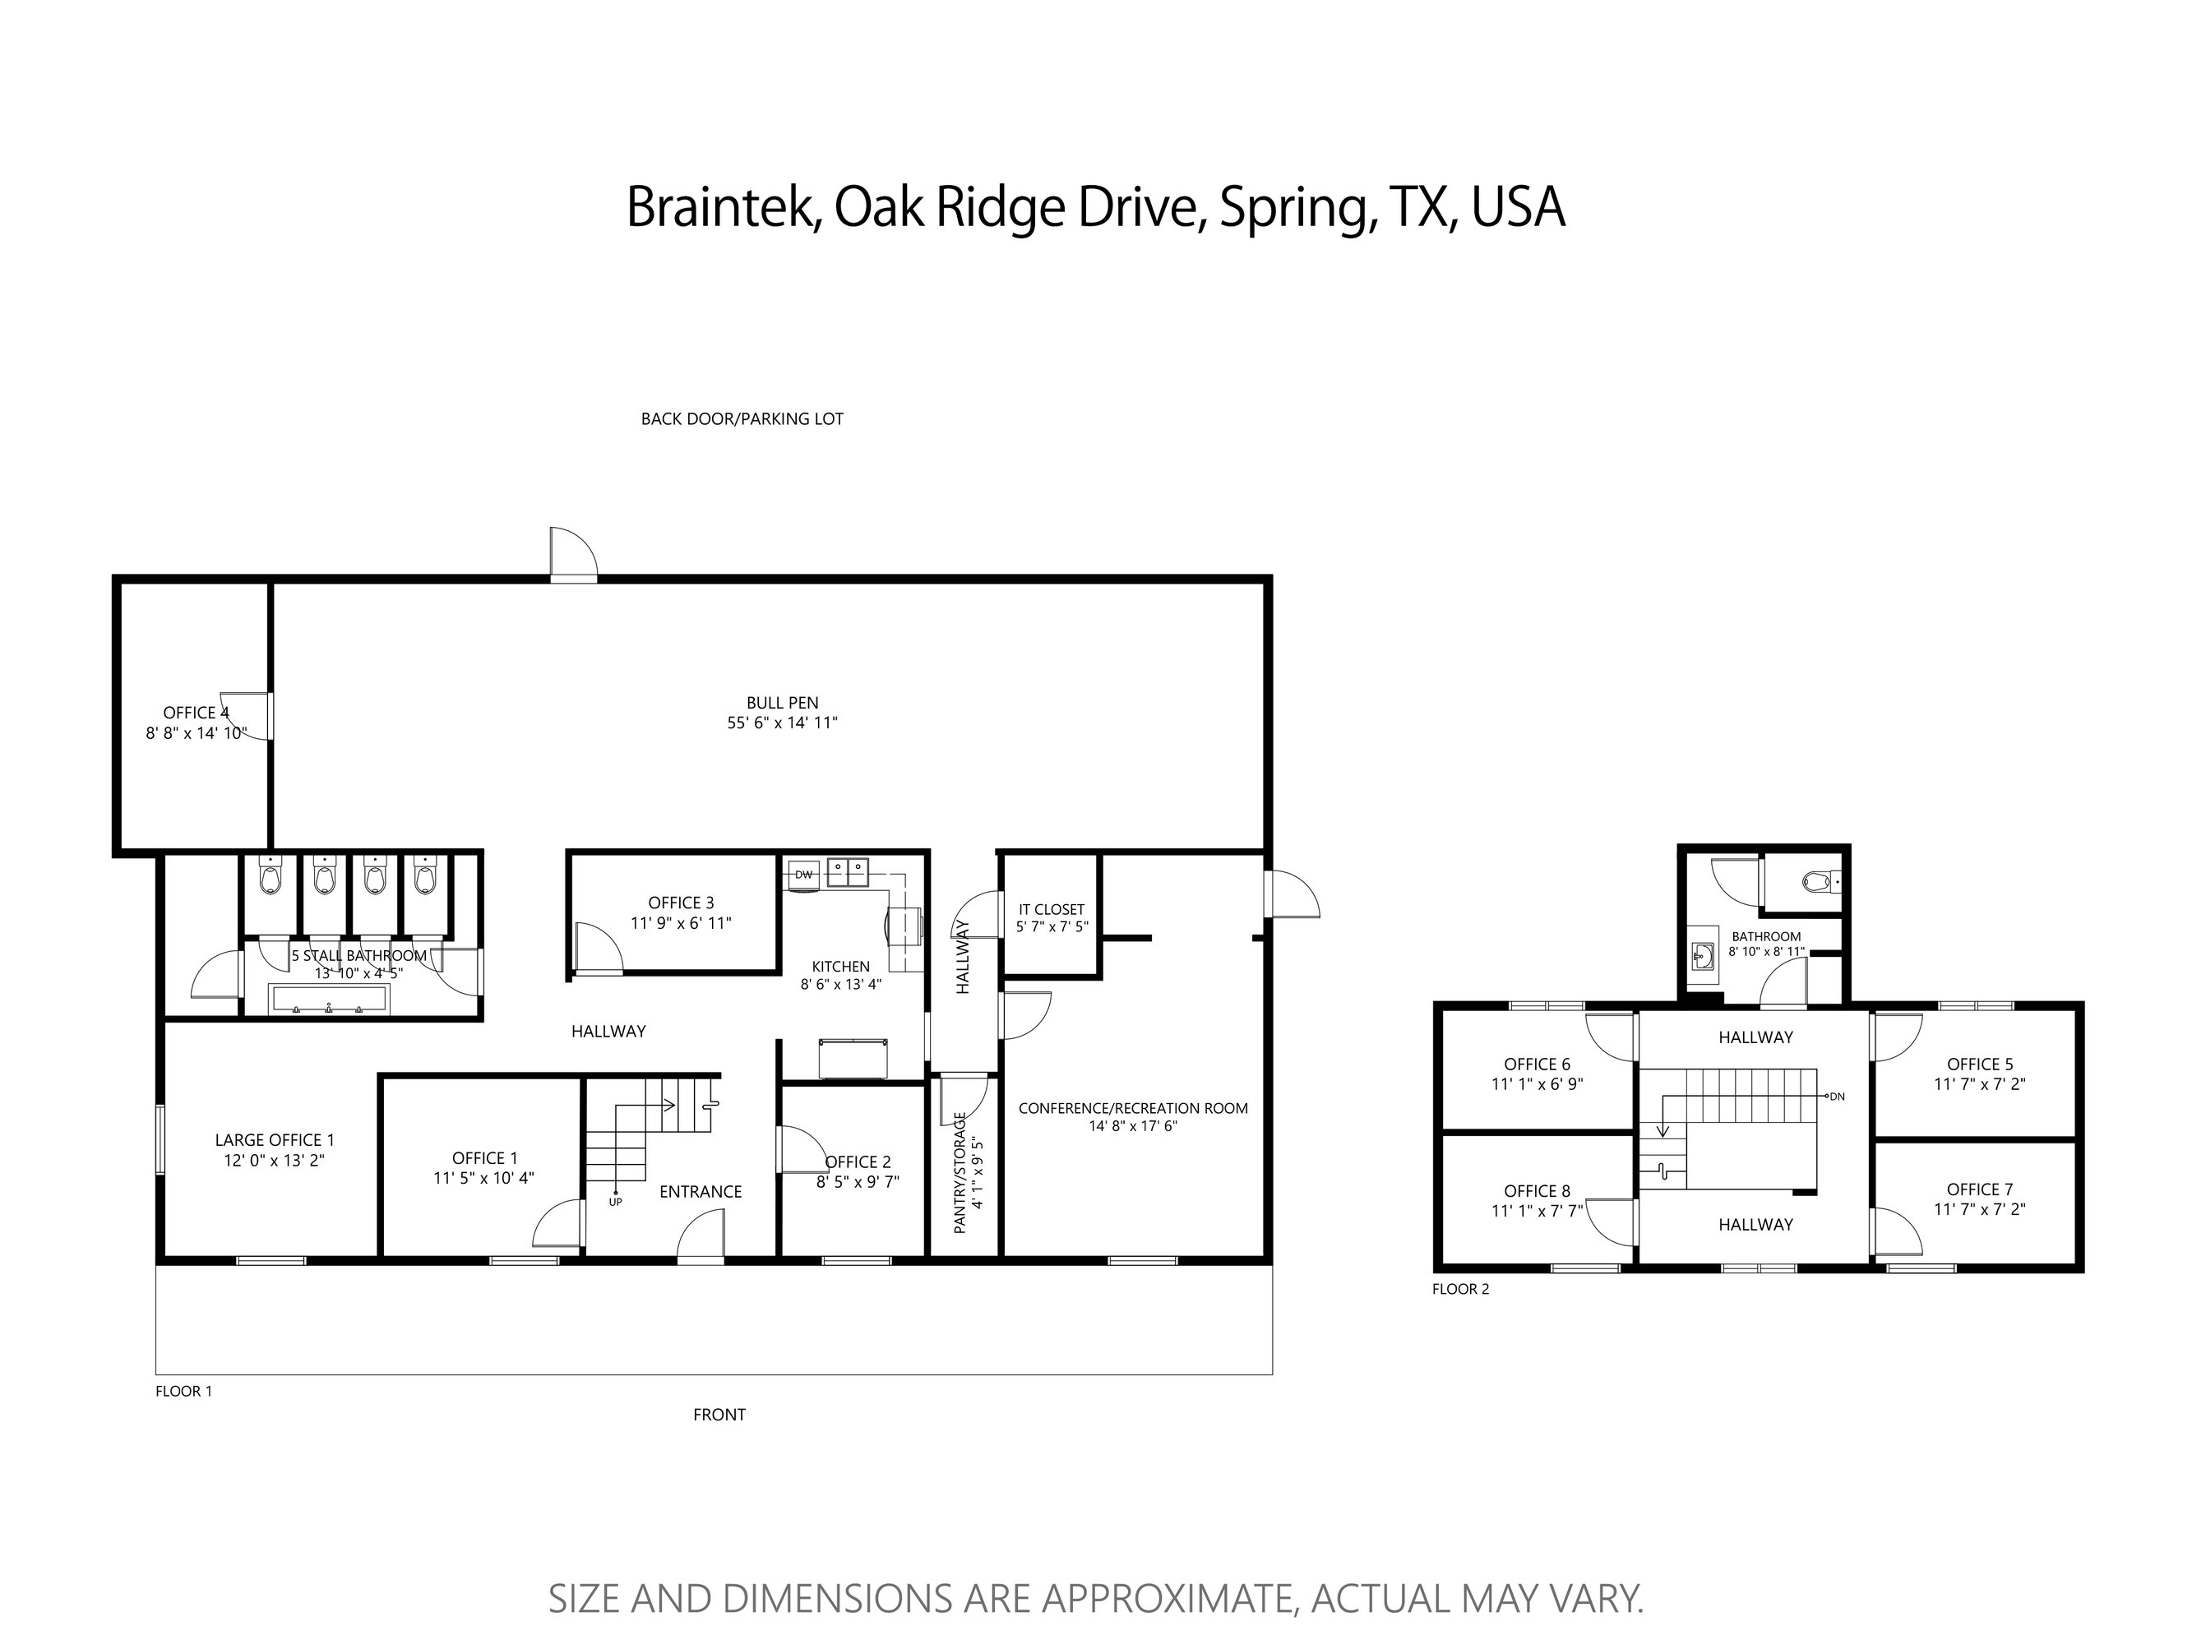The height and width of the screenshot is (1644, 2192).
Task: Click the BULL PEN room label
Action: point(783,704)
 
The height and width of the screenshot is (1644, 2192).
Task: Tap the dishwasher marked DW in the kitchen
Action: point(802,874)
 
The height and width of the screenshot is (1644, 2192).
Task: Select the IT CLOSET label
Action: point(1052,908)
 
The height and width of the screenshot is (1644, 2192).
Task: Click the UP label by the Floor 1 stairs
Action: point(615,1202)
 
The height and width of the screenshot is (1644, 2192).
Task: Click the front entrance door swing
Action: point(701,1237)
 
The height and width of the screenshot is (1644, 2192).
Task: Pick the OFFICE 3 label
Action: point(681,903)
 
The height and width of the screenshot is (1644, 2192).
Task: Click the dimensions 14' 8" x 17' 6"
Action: point(1133,1125)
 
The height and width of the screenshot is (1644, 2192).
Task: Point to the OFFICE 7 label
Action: point(1979,1189)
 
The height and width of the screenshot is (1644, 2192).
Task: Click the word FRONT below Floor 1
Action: point(719,1415)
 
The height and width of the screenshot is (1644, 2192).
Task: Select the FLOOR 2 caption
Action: point(1461,1289)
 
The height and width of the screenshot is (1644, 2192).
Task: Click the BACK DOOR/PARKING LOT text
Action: point(742,419)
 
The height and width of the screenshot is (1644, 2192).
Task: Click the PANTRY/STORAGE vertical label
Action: point(960,1173)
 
